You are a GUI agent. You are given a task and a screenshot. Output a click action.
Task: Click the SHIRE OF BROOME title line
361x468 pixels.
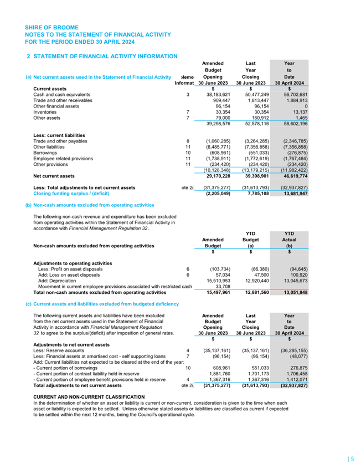[x=51, y=27]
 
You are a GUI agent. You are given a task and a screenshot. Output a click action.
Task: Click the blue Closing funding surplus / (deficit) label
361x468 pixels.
[x=71, y=194]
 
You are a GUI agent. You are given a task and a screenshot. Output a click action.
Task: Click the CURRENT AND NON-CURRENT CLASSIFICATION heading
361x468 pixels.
[x=81, y=397]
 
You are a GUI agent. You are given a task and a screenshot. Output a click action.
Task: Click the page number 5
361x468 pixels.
[x=352, y=459]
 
